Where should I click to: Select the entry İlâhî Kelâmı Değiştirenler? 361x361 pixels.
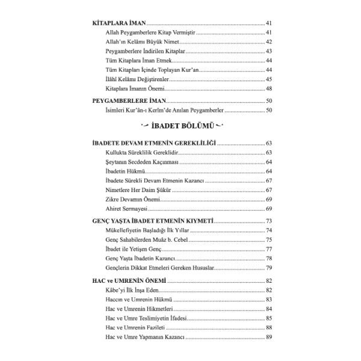point(135,79)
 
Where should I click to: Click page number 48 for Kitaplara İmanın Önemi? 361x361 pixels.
point(269,89)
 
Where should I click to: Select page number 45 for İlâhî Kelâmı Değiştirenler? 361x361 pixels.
point(269,79)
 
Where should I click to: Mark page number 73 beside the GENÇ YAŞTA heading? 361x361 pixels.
point(269,221)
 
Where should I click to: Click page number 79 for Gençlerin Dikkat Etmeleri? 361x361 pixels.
point(269,267)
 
